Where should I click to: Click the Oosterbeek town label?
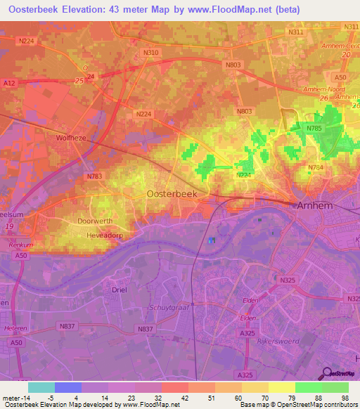pyautogui.click(x=171, y=193)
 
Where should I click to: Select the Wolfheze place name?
pyautogui.click(x=70, y=139)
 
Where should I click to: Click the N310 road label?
pyautogui.click(x=150, y=53)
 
